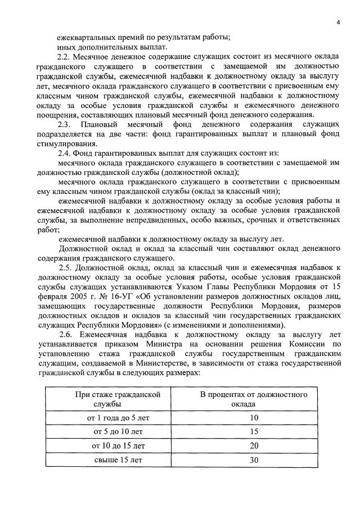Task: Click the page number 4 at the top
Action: (x=339, y=22)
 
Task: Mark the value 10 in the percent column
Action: (x=254, y=418)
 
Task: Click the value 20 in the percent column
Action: (x=254, y=445)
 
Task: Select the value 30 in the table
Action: (x=254, y=459)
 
